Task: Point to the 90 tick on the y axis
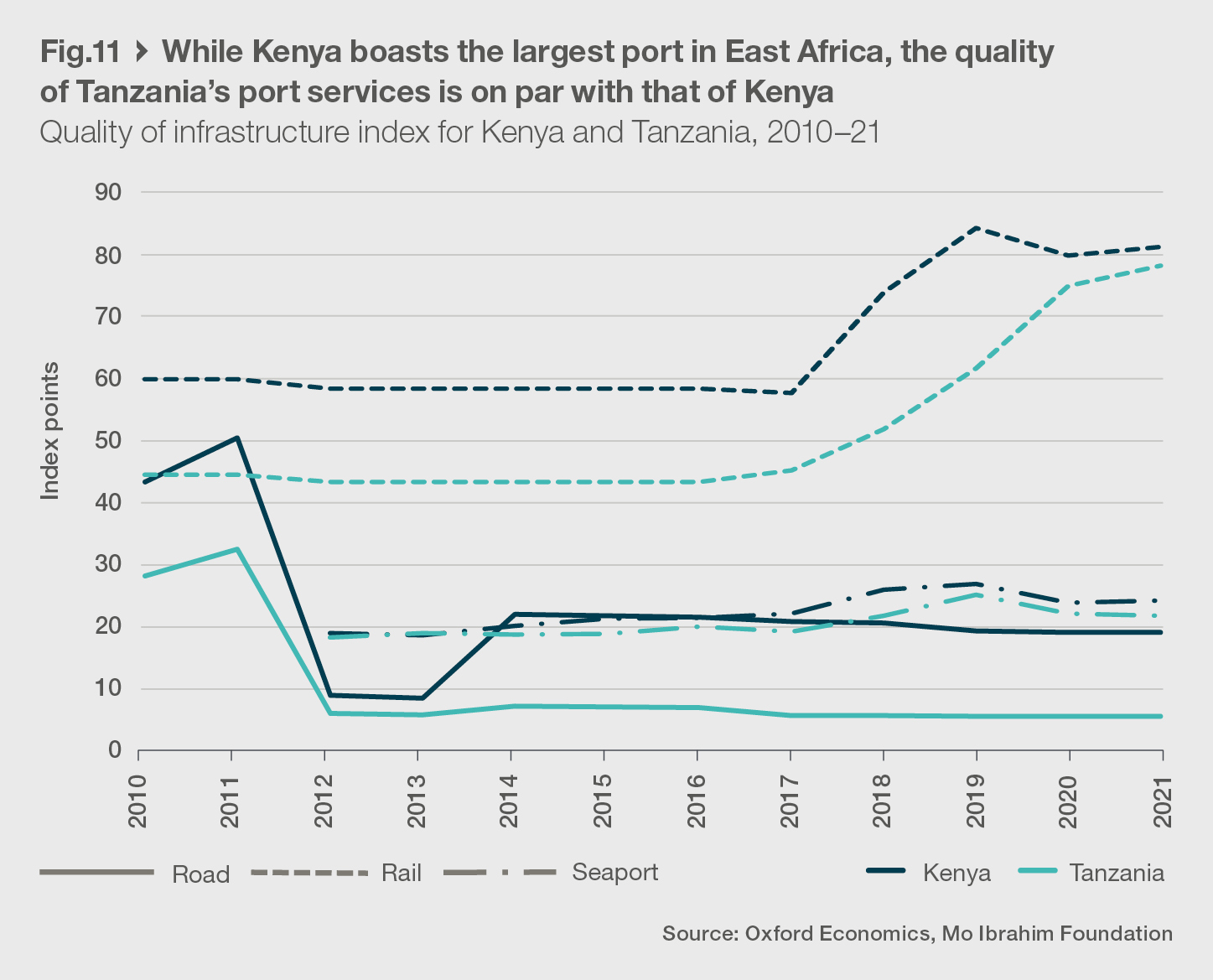point(108,193)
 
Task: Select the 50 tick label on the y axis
point(108,441)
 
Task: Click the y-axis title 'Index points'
point(51,431)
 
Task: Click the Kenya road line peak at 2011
point(238,438)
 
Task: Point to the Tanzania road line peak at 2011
point(238,550)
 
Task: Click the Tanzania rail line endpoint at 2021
point(1161,266)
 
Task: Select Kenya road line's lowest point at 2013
point(422,697)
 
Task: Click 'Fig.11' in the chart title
point(80,53)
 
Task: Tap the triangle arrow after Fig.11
point(141,53)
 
